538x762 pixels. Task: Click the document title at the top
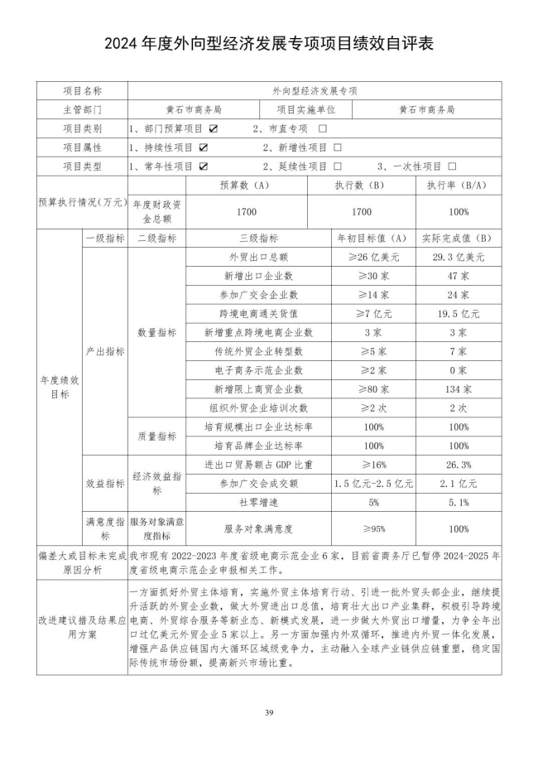tap(269, 43)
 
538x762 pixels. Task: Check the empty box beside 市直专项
tap(322, 128)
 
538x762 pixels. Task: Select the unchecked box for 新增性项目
tap(337, 147)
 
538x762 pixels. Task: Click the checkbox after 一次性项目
tap(452, 166)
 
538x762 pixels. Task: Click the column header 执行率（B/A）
tap(456, 186)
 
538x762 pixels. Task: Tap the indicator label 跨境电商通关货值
tap(259, 313)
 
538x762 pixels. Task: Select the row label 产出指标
tap(105, 351)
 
